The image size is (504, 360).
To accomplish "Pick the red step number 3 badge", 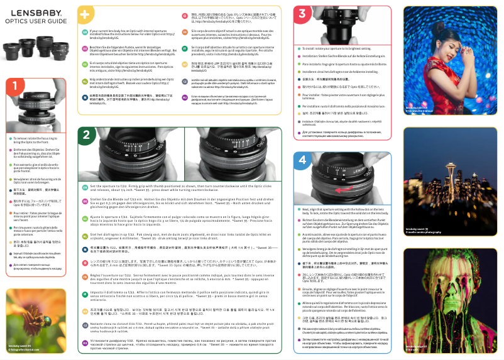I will coord(304,14).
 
